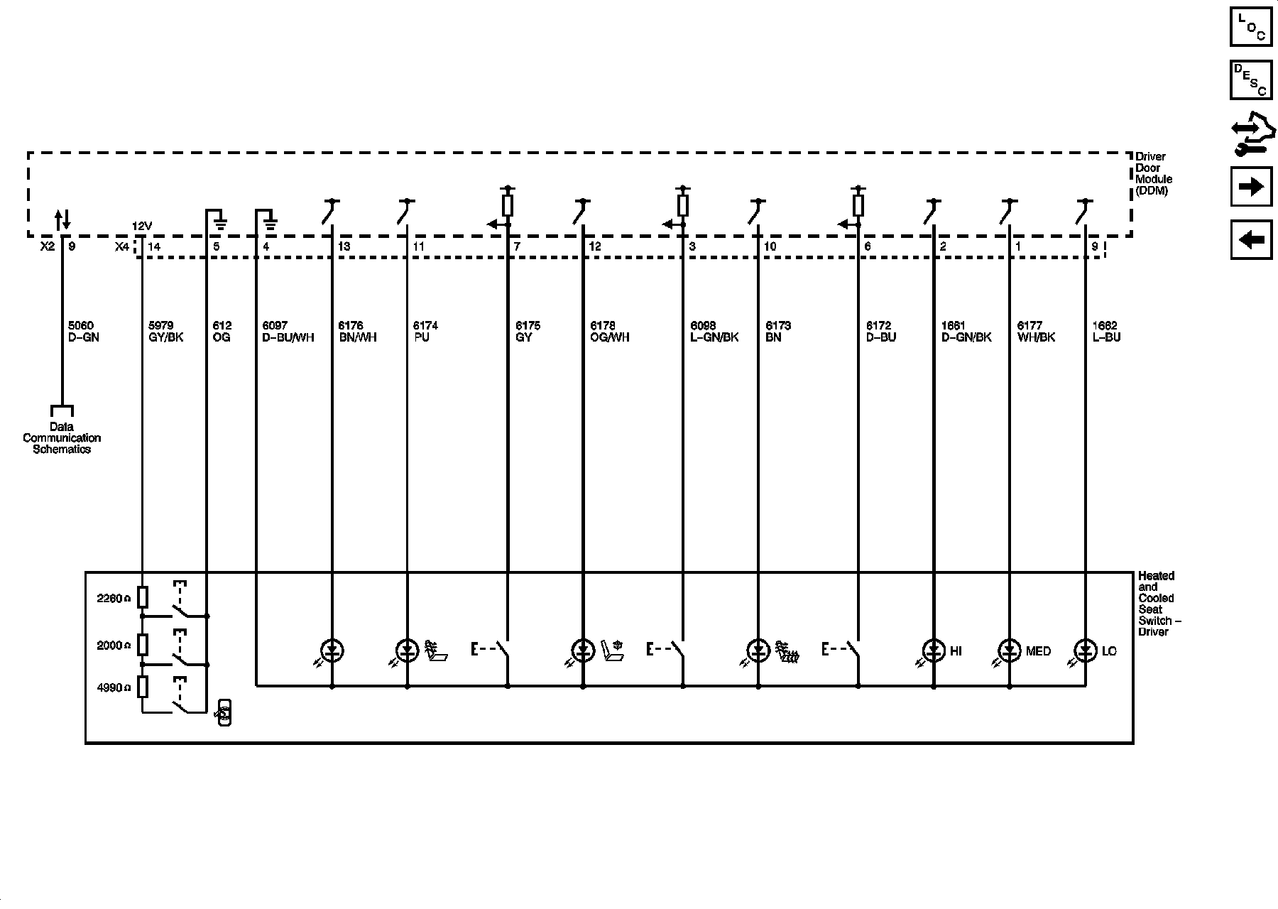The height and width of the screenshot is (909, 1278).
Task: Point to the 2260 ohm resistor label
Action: click(x=114, y=599)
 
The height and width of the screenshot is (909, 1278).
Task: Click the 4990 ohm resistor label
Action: click(x=114, y=688)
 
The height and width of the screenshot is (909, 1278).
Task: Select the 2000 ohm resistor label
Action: click(x=114, y=646)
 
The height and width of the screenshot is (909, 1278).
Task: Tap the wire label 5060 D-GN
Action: click(x=83, y=332)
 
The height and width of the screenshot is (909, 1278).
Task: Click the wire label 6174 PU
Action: click(x=425, y=332)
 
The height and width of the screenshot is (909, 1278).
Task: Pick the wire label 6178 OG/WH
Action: click(x=609, y=332)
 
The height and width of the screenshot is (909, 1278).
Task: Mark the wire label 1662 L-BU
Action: click(x=1106, y=332)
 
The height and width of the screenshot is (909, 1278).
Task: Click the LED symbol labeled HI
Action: click(x=933, y=650)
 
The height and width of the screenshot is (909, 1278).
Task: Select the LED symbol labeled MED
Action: click(x=1009, y=650)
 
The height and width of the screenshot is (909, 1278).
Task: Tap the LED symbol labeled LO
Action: click(x=1084, y=650)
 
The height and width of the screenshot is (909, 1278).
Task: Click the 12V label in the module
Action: click(x=142, y=226)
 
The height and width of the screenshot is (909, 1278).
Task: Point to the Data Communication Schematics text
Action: click(x=62, y=438)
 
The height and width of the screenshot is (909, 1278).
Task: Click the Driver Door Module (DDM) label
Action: click(x=1153, y=174)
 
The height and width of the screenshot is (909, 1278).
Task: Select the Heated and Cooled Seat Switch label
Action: click(x=1159, y=604)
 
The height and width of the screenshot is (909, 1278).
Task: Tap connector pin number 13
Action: click(x=344, y=246)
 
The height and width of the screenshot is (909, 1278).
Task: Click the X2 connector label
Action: click(x=47, y=246)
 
